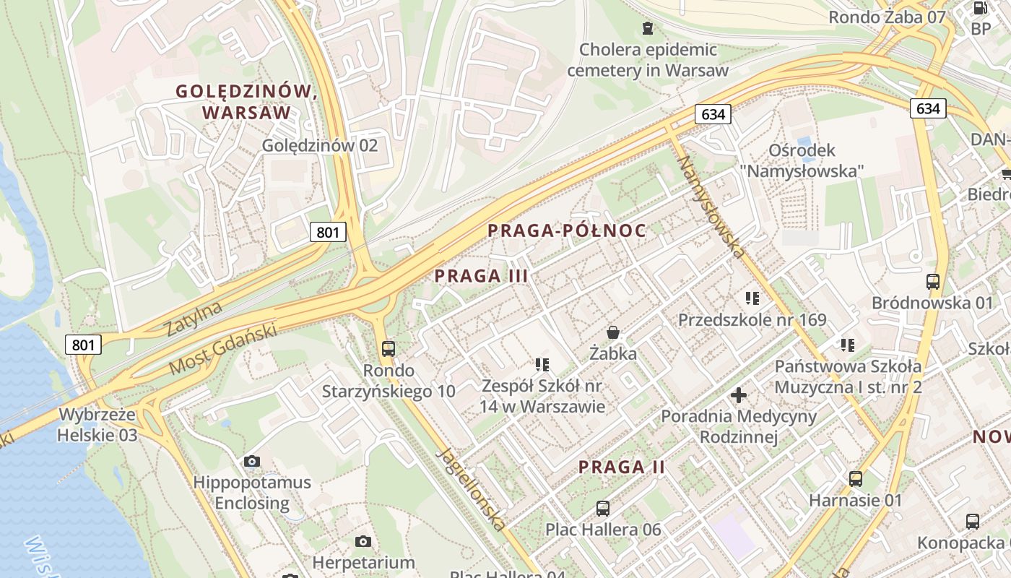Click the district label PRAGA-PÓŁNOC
click(566, 230)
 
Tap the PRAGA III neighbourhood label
click(481, 275)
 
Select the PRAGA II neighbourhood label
click(622, 467)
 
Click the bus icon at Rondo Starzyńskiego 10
click(389, 349)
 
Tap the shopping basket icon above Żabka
click(613, 332)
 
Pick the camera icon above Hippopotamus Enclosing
click(252, 461)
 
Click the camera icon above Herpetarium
click(363, 541)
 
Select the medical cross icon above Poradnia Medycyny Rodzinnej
click(739, 395)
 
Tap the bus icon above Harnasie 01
click(856, 478)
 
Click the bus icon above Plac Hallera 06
click(603, 508)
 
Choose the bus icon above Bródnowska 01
click(933, 282)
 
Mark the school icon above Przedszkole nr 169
click(752, 298)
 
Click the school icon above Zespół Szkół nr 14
click(542, 364)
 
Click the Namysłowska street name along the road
click(711, 207)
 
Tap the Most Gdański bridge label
click(223, 349)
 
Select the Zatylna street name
click(194, 319)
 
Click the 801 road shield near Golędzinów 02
click(329, 232)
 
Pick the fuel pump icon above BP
click(981, 9)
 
